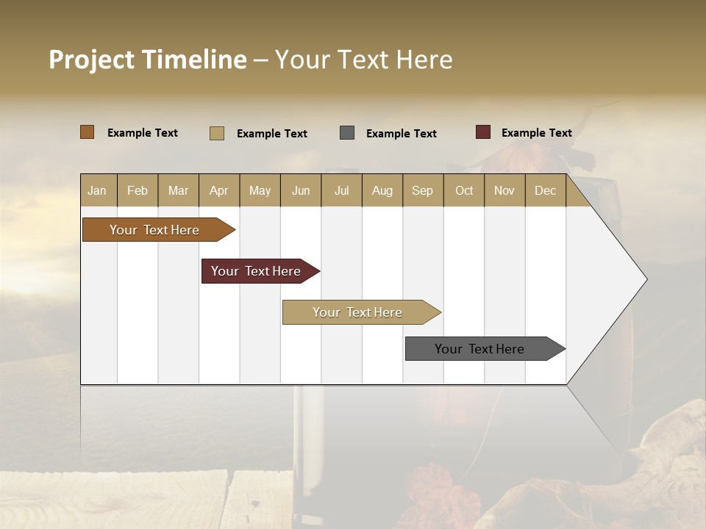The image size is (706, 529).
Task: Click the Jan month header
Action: (x=97, y=190)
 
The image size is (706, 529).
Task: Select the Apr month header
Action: (x=218, y=190)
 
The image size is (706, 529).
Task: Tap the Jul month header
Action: (x=341, y=190)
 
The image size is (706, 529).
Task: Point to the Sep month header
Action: (x=422, y=190)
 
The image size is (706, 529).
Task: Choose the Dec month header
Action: (x=545, y=190)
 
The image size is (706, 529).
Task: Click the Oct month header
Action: (x=464, y=190)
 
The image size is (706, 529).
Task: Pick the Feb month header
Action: (x=138, y=190)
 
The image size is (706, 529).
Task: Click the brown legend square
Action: (x=88, y=132)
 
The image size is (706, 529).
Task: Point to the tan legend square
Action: (x=217, y=133)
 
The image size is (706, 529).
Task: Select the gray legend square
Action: (x=347, y=133)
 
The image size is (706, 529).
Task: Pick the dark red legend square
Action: (x=483, y=132)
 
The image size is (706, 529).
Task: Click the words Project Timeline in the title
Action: (x=148, y=60)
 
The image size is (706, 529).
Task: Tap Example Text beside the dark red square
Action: (x=536, y=133)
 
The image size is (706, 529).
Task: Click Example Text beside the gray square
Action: (x=401, y=134)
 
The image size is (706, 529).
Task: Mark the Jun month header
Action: (x=301, y=190)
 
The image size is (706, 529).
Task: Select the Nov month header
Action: (x=504, y=190)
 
